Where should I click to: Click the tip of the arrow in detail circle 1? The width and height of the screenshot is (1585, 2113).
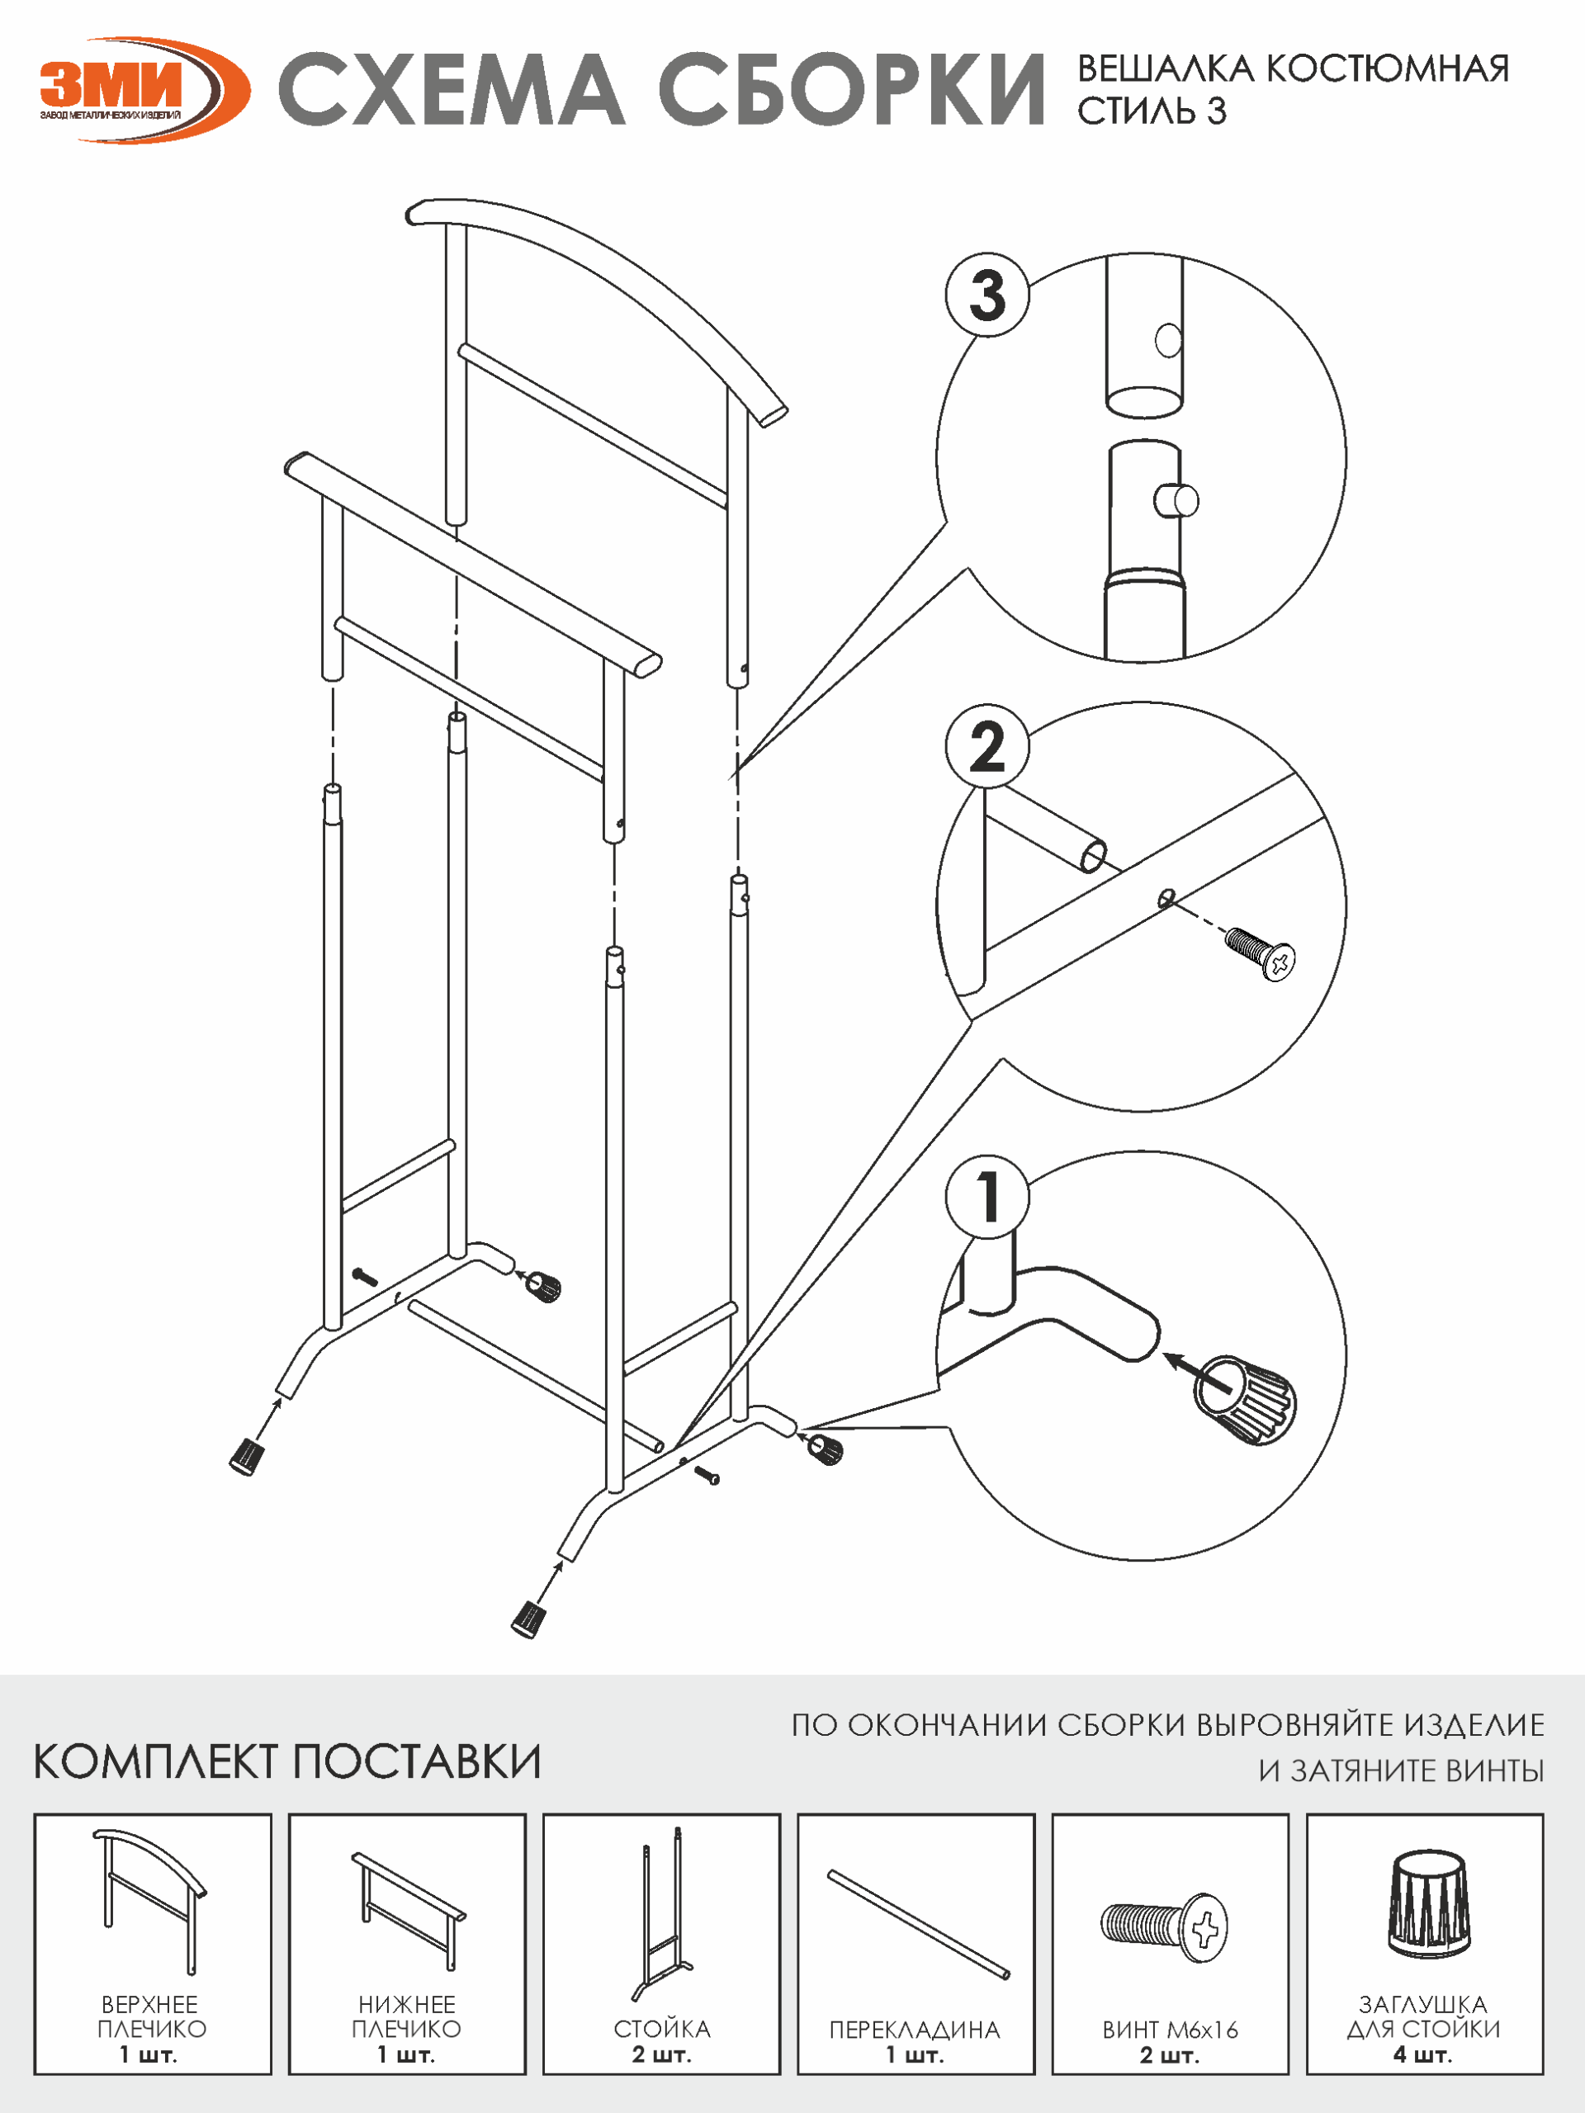[x=1164, y=1354]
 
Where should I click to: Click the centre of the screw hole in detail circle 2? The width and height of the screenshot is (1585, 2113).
[x=1166, y=898]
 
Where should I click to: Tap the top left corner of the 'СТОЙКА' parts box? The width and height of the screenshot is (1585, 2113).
[x=544, y=1814]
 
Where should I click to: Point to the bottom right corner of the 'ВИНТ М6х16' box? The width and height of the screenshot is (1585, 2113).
[x=1289, y=2075]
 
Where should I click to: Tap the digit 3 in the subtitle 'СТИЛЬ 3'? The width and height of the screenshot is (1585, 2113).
[x=1215, y=111]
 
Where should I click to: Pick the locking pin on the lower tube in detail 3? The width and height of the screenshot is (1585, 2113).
[x=1176, y=499]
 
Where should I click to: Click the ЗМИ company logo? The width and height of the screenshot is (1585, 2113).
[x=144, y=90]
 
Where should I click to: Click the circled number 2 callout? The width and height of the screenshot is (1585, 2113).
[x=987, y=746]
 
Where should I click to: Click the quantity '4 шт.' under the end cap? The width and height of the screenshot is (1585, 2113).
[x=1423, y=2054]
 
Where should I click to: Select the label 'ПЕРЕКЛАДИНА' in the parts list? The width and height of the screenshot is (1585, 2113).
[x=916, y=2030]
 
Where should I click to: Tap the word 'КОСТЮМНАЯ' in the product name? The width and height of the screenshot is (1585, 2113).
[x=1387, y=69]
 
